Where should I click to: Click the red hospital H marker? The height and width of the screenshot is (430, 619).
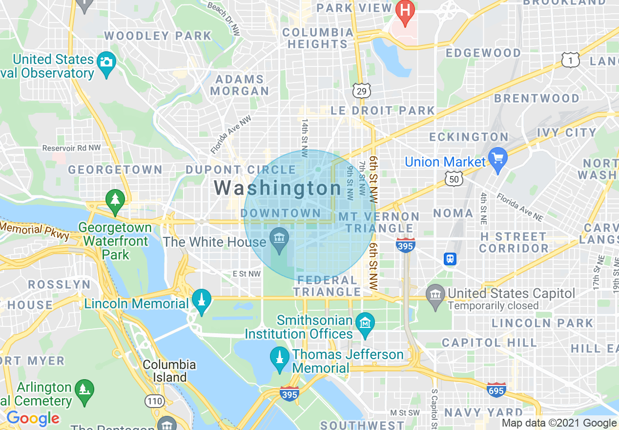point(405,9)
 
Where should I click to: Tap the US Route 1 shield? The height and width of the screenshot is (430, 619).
point(570,60)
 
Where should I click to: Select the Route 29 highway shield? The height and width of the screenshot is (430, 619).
point(362,90)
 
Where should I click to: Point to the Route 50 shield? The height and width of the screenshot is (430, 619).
point(454,179)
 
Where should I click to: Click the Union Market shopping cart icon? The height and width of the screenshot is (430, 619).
point(497,159)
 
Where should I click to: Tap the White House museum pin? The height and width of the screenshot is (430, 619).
point(279,239)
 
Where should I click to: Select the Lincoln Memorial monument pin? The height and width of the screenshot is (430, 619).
point(201,300)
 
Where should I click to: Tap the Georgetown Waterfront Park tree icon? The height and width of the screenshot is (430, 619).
point(115,200)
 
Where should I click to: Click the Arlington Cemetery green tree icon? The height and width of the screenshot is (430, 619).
point(84,390)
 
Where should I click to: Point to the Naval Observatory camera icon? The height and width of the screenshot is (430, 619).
point(106,62)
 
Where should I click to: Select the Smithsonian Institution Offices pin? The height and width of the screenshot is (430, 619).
point(365,323)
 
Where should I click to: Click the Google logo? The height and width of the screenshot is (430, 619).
point(33,418)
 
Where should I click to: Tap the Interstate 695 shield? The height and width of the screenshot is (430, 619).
point(495,390)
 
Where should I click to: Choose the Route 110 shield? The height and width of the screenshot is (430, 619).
point(155,401)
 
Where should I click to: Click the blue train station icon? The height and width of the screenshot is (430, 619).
point(450,259)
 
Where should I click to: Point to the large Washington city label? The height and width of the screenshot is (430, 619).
point(278,188)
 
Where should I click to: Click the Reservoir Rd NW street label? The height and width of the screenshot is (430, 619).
point(71,148)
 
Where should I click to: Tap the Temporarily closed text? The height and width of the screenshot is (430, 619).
point(493,306)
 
